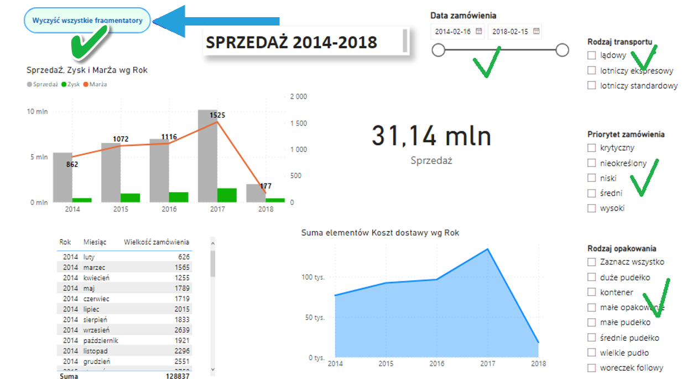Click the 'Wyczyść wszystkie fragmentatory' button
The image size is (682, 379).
(87, 21)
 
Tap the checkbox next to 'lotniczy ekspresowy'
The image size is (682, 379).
(592, 70)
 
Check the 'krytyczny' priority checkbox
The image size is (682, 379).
(592, 148)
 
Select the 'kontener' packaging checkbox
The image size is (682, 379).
(592, 292)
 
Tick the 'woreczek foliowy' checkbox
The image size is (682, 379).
(592, 367)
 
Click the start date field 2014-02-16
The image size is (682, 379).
(452, 32)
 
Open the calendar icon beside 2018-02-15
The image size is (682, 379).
(537, 32)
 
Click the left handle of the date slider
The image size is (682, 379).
(438, 50)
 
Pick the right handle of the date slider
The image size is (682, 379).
(562, 50)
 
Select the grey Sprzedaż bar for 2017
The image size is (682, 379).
(207, 156)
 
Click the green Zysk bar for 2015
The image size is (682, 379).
(130, 198)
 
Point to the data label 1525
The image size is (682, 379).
(217, 115)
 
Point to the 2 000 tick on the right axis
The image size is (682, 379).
(298, 96)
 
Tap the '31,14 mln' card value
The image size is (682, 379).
(431, 136)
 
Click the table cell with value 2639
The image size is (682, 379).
(182, 330)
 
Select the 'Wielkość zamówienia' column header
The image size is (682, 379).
(156, 242)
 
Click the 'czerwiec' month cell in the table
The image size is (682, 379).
(96, 299)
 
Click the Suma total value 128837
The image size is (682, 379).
(178, 376)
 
